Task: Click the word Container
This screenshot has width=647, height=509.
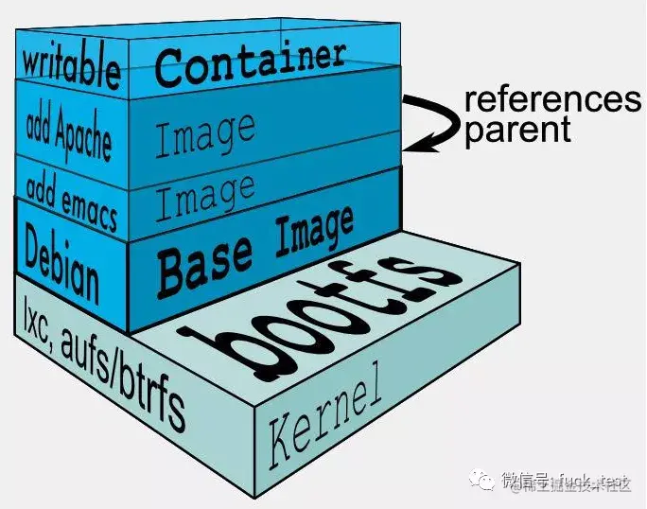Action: (250, 61)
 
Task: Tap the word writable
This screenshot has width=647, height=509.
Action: (72, 67)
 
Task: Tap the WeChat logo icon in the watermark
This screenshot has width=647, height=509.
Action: (485, 482)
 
